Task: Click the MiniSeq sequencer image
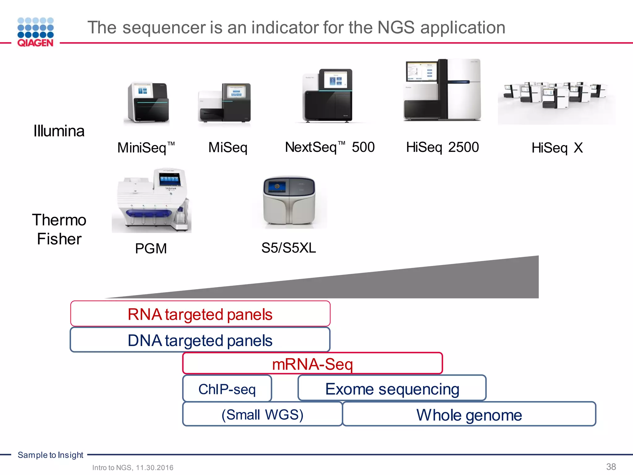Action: tap(148, 102)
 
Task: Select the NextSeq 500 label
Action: tap(329, 147)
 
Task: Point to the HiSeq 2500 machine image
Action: tap(442, 90)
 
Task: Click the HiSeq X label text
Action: tap(557, 148)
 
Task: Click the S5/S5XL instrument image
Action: tap(289, 201)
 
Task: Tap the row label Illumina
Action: tap(59, 131)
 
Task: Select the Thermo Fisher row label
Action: tap(59, 229)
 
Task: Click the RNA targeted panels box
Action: tap(200, 314)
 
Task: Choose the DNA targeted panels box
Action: tap(200, 340)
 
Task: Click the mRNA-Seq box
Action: tap(312, 364)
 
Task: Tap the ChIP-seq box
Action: tap(227, 389)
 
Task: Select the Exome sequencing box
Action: tap(392, 388)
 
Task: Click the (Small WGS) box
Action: tap(262, 414)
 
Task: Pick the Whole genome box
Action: tap(469, 414)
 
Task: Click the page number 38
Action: tap(611, 466)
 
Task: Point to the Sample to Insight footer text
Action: tap(50, 455)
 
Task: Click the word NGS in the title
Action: tap(396, 28)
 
